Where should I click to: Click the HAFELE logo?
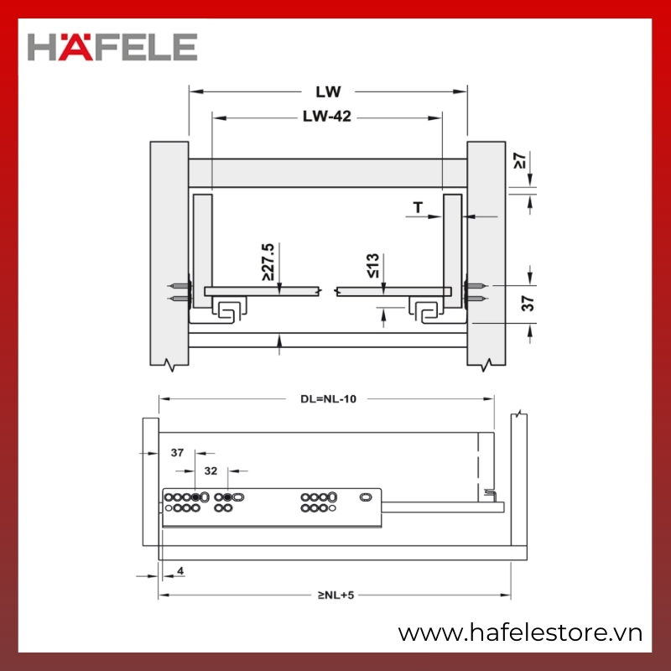point(112,47)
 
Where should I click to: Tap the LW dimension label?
point(328,91)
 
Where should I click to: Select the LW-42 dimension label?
point(327,117)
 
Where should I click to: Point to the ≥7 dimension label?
point(519,160)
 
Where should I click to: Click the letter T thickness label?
point(418,207)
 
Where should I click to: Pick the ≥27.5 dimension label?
point(268,262)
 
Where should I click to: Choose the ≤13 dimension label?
point(373,265)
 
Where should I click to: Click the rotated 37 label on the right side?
point(528,303)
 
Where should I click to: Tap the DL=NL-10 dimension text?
point(328,399)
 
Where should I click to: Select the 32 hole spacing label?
point(211,471)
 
